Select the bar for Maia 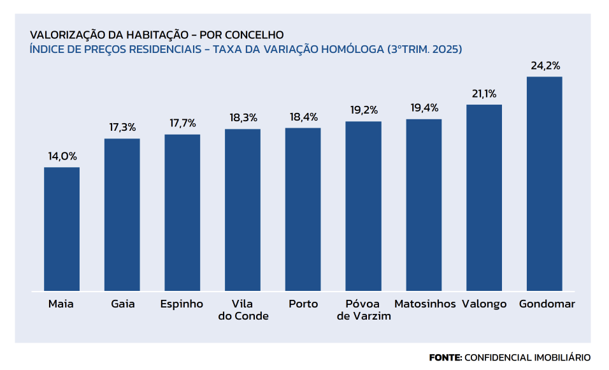pos(62,229)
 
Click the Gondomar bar pos(545,184)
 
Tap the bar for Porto pos(303,209)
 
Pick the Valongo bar pos(484,198)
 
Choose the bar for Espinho pos(182,212)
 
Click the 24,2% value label pos(545,66)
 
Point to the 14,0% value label pos(62,156)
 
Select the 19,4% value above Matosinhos pos(424,108)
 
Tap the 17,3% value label pos(122,128)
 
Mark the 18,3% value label pos(243,118)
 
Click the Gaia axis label pos(122,304)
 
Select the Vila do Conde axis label pos(243,310)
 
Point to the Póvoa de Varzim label pos(363,310)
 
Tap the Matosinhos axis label pos(425,304)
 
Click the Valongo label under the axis pos(485,304)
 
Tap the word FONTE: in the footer pos(445,357)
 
